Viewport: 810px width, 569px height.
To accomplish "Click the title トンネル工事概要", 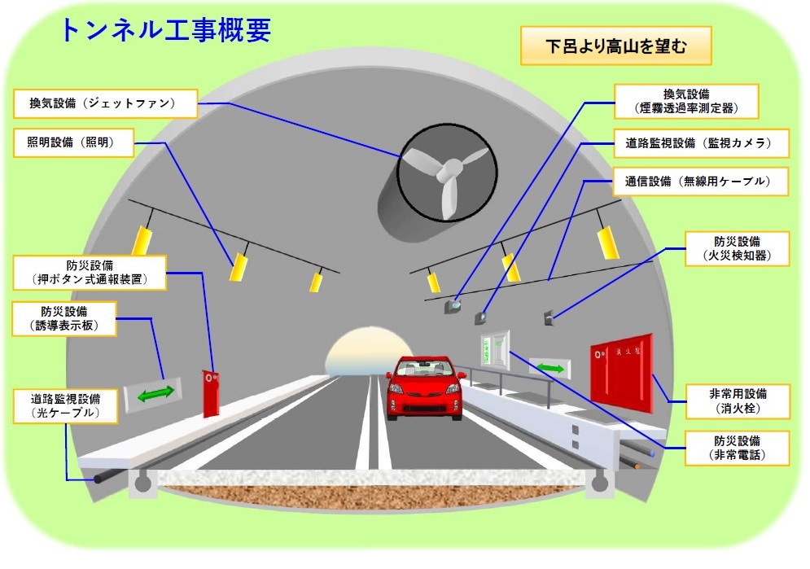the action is pos(165,30).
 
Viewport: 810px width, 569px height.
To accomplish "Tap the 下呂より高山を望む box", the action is pos(615,47).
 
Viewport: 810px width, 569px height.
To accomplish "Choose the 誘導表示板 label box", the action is pos(65,320).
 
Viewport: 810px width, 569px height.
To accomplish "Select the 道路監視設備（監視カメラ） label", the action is pos(701,144).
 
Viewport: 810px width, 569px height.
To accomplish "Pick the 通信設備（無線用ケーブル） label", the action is pos(701,182).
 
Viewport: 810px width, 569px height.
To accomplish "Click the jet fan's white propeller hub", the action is pos(445,172).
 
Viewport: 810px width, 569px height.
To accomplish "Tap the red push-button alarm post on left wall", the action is pos(212,392).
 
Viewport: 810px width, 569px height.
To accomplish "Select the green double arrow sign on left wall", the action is pos(153,394).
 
